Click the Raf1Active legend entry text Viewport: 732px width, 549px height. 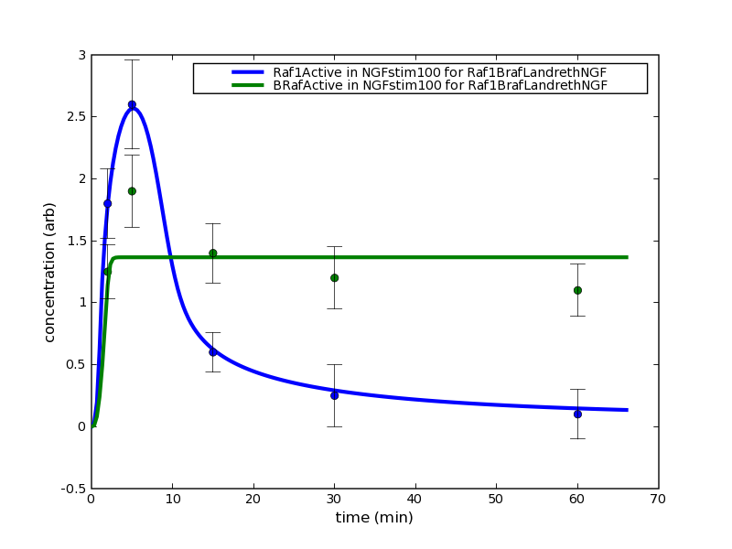[x=439, y=72]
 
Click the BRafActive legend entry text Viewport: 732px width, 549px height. [x=439, y=85]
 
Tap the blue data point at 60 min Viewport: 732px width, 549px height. [x=577, y=414]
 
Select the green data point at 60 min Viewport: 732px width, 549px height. [x=577, y=290]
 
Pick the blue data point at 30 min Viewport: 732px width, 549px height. [x=334, y=395]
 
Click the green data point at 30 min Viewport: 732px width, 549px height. [x=334, y=277]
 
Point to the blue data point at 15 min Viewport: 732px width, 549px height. [x=212, y=351]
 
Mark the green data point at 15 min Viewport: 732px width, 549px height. [x=212, y=253]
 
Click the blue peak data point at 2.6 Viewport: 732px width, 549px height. [x=132, y=104]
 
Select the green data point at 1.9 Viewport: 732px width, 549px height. [x=132, y=191]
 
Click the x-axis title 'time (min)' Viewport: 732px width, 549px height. [x=373, y=518]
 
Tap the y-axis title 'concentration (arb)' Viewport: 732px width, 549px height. [x=50, y=272]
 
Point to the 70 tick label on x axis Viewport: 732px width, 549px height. [x=658, y=499]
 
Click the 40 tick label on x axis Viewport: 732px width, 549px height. [x=414, y=499]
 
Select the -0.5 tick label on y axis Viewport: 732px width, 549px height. [x=71, y=489]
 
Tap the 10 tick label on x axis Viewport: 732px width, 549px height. [x=172, y=499]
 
